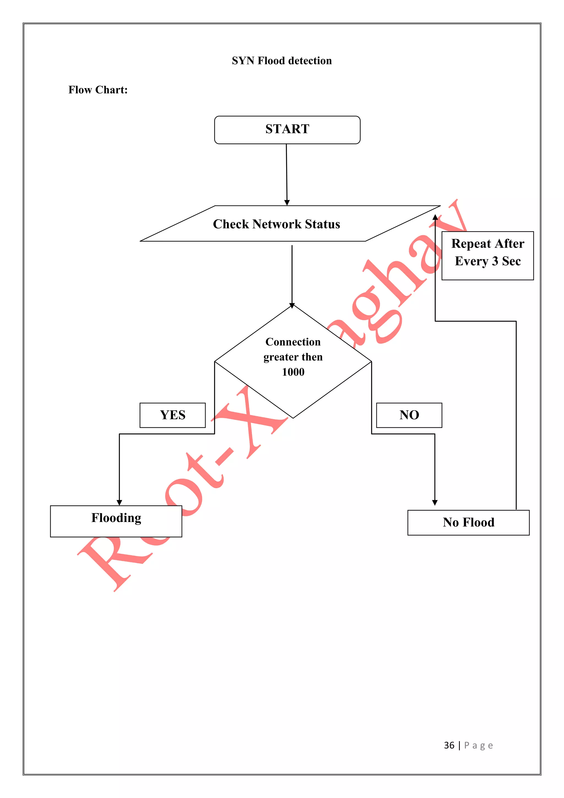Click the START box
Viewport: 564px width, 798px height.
[287, 130]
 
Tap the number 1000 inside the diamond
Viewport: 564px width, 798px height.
[293, 372]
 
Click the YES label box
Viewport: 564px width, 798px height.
[173, 415]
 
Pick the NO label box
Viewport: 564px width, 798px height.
[409, 415]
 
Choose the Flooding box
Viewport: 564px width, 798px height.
[116, 521]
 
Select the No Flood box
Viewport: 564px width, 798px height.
[468, 522]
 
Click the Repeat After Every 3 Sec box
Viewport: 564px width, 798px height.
[488, 255]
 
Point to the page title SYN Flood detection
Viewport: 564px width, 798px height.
[282, 61]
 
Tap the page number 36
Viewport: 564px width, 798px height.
[449, 745]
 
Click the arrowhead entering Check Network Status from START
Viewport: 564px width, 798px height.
[287, 203]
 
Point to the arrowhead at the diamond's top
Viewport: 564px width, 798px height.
[292, 306]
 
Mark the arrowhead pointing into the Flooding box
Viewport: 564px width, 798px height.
[120, 503]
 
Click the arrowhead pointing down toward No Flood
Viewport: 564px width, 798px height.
[435, 503]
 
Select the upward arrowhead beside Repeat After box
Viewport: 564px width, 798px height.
[435, 218]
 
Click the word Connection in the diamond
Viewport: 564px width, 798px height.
[293, 342]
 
